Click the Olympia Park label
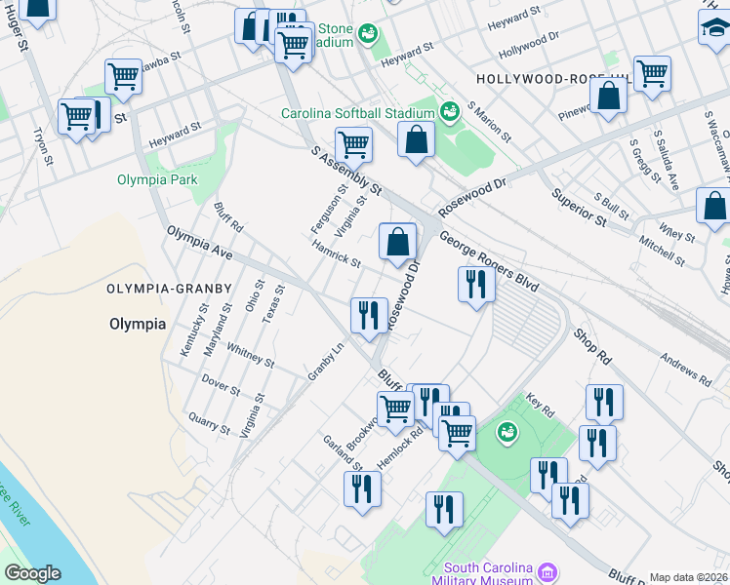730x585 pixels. [x=157, y=179]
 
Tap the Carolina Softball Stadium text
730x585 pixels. [x=357, y=113]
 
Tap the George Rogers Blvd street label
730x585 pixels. [x=488, y=262]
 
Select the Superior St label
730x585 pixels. [x=580, y=207]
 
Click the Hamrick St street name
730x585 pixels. [x=337, y=255]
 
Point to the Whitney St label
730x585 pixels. [x=250, y=355]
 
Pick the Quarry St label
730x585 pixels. [x=210, y=420]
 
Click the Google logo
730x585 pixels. [x=32, y=573]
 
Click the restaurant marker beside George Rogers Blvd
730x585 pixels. [x=476, y=284]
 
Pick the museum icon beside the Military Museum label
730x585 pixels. [x=548, y=569]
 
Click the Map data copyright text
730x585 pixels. [x=689, y=577]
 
